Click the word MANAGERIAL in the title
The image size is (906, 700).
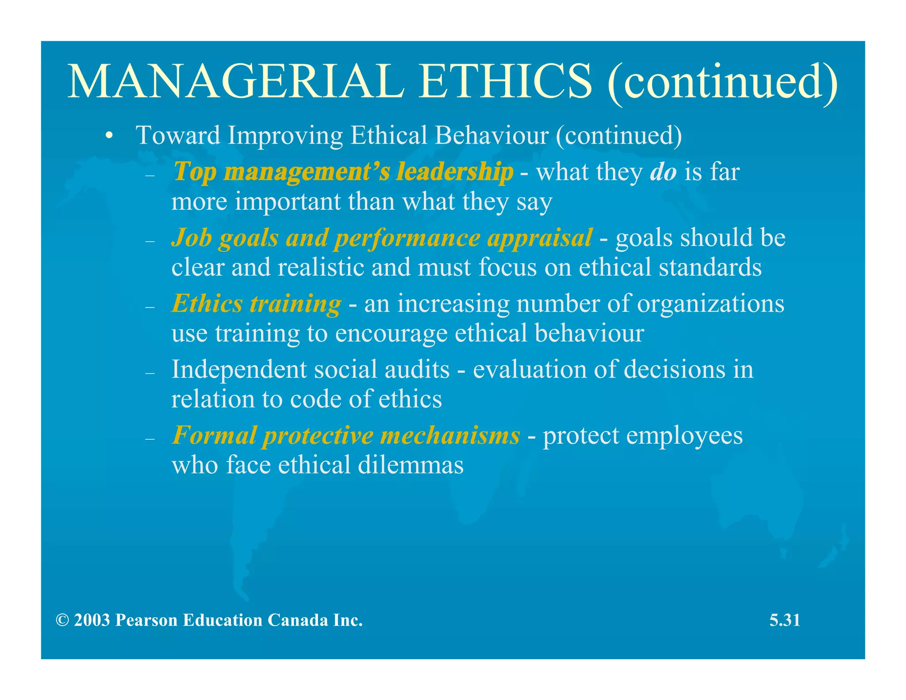235,81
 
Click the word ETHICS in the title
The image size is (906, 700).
505,81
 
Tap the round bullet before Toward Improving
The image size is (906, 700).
109,136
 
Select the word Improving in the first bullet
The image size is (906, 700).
285,135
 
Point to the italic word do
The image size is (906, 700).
663,172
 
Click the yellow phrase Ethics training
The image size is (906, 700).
256,304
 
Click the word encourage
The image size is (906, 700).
391,334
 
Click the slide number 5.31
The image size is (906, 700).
784,620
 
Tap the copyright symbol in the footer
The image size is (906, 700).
62,620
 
